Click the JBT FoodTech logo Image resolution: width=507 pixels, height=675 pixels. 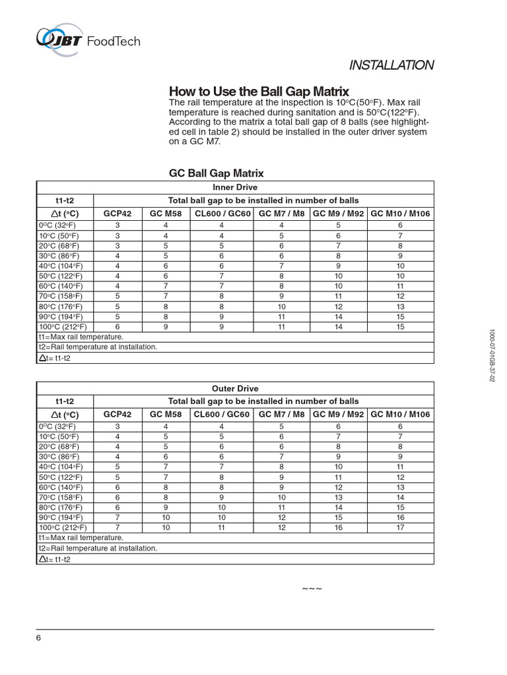point(88,40)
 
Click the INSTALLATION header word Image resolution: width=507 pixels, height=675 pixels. point(391,65)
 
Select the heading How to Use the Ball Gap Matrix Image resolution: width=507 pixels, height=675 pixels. point(259,91)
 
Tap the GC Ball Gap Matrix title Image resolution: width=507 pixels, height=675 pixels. point(217,173)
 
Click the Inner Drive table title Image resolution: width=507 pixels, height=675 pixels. point(235,187)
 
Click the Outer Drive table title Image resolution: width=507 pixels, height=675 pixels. point(235,388)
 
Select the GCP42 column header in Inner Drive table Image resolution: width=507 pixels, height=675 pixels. point(118,213)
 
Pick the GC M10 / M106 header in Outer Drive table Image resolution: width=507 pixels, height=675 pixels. point(400,414)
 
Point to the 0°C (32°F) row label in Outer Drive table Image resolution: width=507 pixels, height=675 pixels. point(60,426)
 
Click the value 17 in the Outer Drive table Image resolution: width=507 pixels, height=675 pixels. point(400,527)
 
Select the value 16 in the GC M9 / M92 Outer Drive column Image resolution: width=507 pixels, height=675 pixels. point(338,527)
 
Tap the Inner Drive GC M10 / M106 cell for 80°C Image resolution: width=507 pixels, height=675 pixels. point(400,307)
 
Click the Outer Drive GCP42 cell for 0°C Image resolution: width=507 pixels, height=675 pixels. point(118,426)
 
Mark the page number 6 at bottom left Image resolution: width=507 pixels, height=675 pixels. point(38,638)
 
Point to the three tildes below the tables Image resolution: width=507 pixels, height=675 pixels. point(312,588)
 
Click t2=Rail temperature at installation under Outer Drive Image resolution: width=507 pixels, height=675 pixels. point(98,548)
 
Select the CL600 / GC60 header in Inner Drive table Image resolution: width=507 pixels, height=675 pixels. point(222,213)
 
